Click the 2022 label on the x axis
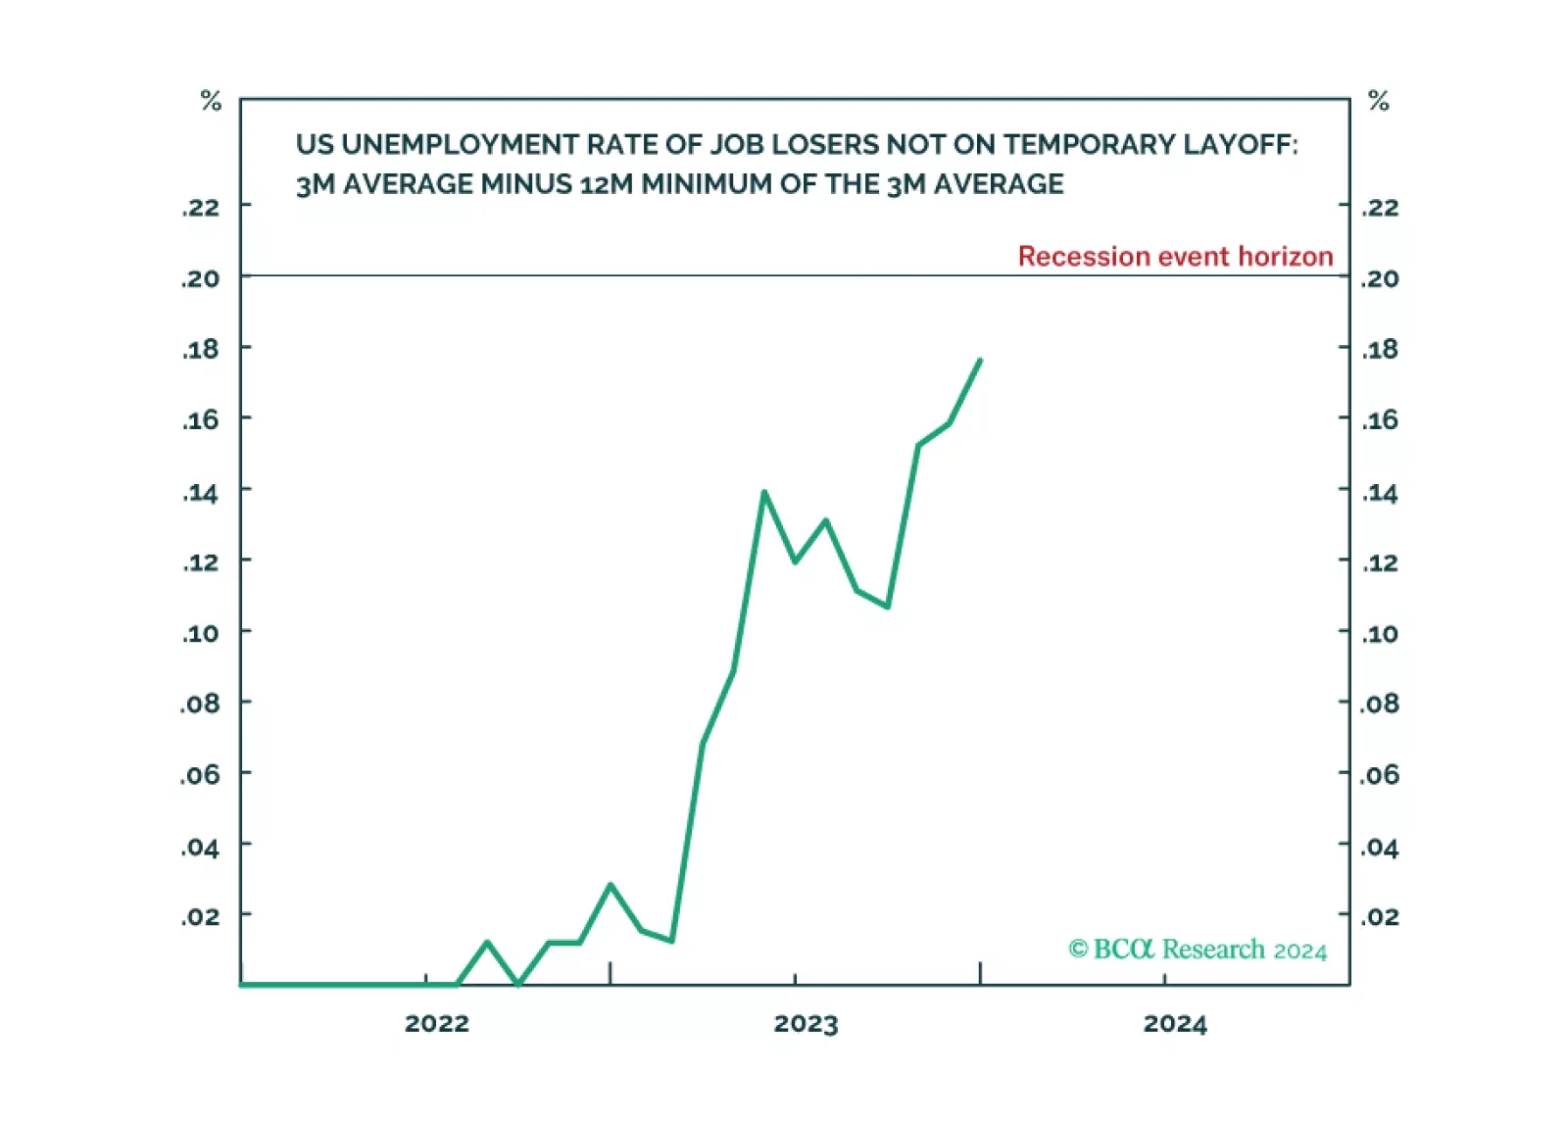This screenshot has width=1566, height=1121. pos(436,1024)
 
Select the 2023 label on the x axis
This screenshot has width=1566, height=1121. pos(806,1024)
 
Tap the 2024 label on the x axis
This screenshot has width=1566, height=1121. pos(1175,1024)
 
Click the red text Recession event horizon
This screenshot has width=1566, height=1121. pos(1175,257)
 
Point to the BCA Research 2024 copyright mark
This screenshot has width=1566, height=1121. pos(1198,950)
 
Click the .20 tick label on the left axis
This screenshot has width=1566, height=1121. pos(201,279)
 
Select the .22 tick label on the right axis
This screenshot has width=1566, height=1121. pos(1380,208)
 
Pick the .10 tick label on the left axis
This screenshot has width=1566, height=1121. pos(201,634)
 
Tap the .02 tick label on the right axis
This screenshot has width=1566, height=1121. pos(1380,917)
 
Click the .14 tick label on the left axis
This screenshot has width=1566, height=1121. pos(201,493)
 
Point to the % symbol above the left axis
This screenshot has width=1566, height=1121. pos(211,101)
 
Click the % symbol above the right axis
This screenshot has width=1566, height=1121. pos(1379,101)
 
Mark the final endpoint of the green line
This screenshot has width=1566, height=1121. pos(980,361)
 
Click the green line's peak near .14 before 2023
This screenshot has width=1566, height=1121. pos(763,492)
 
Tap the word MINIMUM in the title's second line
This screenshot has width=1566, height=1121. pos(706,184)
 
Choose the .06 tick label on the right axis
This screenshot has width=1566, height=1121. pos(1380,775)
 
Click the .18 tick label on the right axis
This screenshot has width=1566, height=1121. pos(1380,350)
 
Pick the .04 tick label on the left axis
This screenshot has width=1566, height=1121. pos(201,848)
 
